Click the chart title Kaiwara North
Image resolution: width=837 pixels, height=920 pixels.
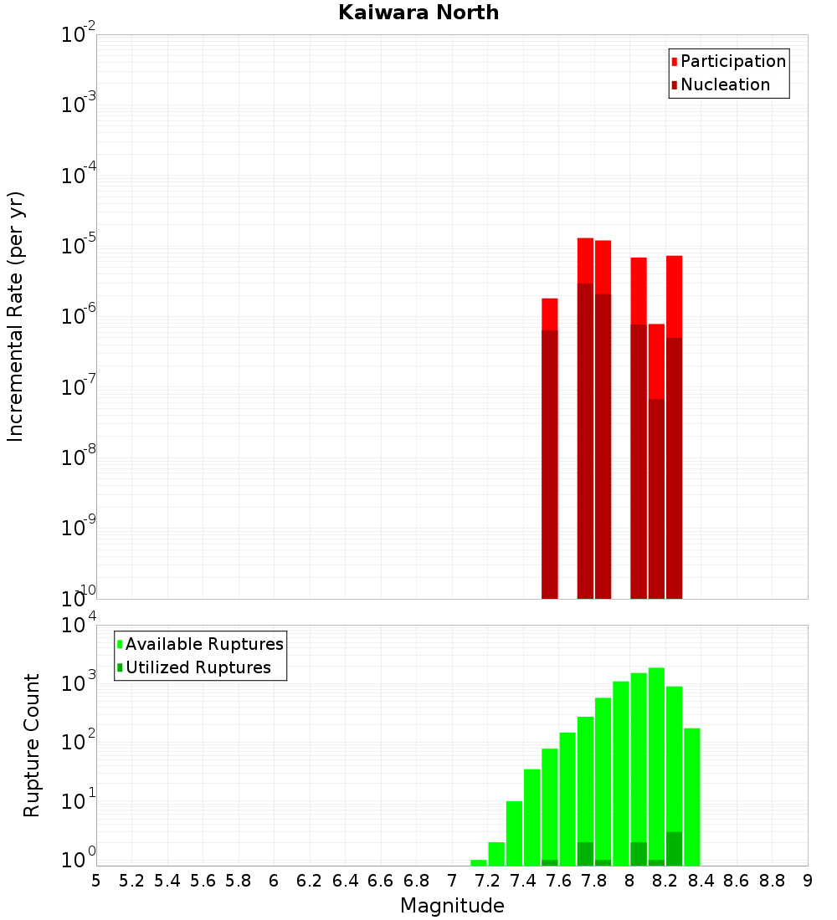click(x=418, y=13)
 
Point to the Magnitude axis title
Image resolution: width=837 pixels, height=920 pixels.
click(x=452, y=906)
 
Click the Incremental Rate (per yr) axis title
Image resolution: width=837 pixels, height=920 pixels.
click(x=16, y=316)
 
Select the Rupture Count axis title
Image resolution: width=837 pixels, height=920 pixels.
click(x=32, y=745)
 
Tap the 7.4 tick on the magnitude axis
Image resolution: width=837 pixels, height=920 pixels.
click(x=523, y=881)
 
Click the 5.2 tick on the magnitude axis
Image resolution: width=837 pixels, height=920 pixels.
click(x=132, y=881)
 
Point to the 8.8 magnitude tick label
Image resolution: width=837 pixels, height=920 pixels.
click(x=772, y=881)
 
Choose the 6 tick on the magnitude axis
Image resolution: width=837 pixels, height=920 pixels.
click(x=274, y=881)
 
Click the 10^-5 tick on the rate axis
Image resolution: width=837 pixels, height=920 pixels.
click(x=79, y=246)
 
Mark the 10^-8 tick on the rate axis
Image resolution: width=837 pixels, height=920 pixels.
click(x=79, y=457)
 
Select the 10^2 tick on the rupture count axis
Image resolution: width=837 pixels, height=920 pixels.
click(x=79, y=742)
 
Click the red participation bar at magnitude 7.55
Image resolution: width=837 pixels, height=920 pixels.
click(x=550, y=314)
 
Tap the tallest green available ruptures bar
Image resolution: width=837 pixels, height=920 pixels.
click(x=657, y=761)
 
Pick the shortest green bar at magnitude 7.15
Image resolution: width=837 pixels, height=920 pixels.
click(x=479, y=862)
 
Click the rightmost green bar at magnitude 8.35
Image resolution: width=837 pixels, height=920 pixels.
click(x=692, y=795)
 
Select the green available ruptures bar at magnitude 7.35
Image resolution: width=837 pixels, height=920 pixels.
click(x=514, y=832)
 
